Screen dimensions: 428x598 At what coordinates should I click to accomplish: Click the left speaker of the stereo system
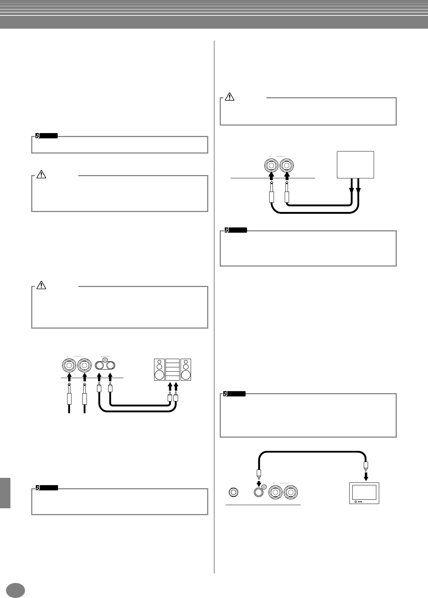[x=159, y=369]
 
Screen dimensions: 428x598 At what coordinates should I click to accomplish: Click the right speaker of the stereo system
[x=186, y=369]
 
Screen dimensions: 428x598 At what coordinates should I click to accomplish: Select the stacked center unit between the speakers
[x=172, y=369]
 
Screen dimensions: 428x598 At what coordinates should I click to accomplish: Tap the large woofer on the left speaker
[x=159, y=375]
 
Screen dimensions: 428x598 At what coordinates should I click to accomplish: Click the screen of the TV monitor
[x=364, y=492]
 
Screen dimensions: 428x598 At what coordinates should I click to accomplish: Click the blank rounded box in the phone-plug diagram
[x=355, y=165]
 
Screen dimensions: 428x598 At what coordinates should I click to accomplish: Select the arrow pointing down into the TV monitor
[x=366, y=476]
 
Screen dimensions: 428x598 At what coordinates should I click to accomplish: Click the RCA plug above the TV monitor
[x=366, y=466]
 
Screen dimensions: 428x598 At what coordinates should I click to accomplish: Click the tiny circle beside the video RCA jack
[x=264, y=487]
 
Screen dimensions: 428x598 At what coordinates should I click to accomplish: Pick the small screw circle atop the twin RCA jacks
[x=105, y=360]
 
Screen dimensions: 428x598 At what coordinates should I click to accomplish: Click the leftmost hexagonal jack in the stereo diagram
[x=69, y=366]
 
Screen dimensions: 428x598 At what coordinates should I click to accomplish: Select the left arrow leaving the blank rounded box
[x=352, y=188]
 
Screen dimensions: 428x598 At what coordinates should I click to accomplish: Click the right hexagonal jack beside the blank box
[x=287, y=166]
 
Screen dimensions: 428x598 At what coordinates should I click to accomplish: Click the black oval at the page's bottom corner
[x=16, y=590]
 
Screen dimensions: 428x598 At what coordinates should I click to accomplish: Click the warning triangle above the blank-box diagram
[x=229, y=96]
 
